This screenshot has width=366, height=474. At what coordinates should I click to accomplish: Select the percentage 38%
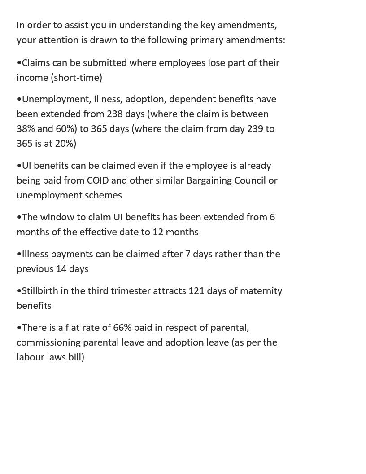click(x=26, y=129)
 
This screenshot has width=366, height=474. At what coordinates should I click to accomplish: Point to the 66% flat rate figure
click(x=122, y=328)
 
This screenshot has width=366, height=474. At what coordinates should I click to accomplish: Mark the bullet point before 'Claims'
click(x=19, y=63)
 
